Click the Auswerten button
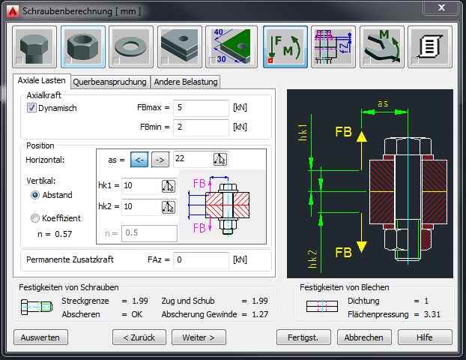(40, 337)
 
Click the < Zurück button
(139, 337)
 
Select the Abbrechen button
(363, 337)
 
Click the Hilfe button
(425, 337)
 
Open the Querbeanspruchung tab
(109, 82)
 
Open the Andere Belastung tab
(186, 82)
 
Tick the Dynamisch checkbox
(31, 108)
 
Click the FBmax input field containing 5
(201, 108)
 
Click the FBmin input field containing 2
(201, 127)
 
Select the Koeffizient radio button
(35, 218)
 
